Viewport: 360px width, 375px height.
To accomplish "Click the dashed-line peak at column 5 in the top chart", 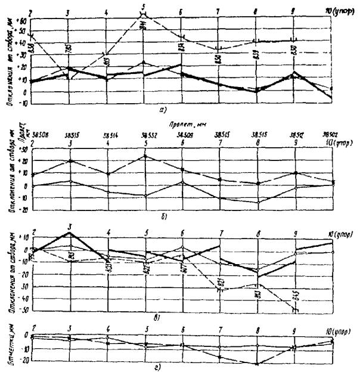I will pos(144,14).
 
